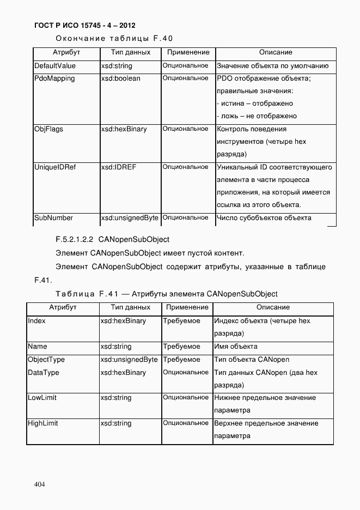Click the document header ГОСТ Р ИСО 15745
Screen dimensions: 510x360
point(84,26)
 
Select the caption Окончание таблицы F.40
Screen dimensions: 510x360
point(114,38)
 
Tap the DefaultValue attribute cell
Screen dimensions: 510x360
point(55,66)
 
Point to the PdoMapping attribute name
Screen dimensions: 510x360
point(54,78)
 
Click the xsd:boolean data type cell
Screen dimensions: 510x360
point(120,78)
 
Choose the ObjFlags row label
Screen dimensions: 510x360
point(48,129)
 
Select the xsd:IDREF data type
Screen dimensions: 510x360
point(118,167)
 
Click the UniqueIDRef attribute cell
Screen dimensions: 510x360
point(55,167)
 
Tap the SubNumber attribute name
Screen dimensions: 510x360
point(53,218)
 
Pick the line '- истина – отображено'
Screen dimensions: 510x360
point(255,104)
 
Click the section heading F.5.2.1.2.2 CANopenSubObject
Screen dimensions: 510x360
point(113,239)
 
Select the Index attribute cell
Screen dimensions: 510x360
point(36,321)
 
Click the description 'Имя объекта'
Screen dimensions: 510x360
point(236,347)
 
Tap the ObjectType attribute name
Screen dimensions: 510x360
point(46,360)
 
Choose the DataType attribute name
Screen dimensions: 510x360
point(44,373)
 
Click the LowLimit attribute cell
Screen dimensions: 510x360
point(41,398)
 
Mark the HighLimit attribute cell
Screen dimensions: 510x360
point(42,423)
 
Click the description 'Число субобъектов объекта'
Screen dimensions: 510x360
point(264,218)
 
